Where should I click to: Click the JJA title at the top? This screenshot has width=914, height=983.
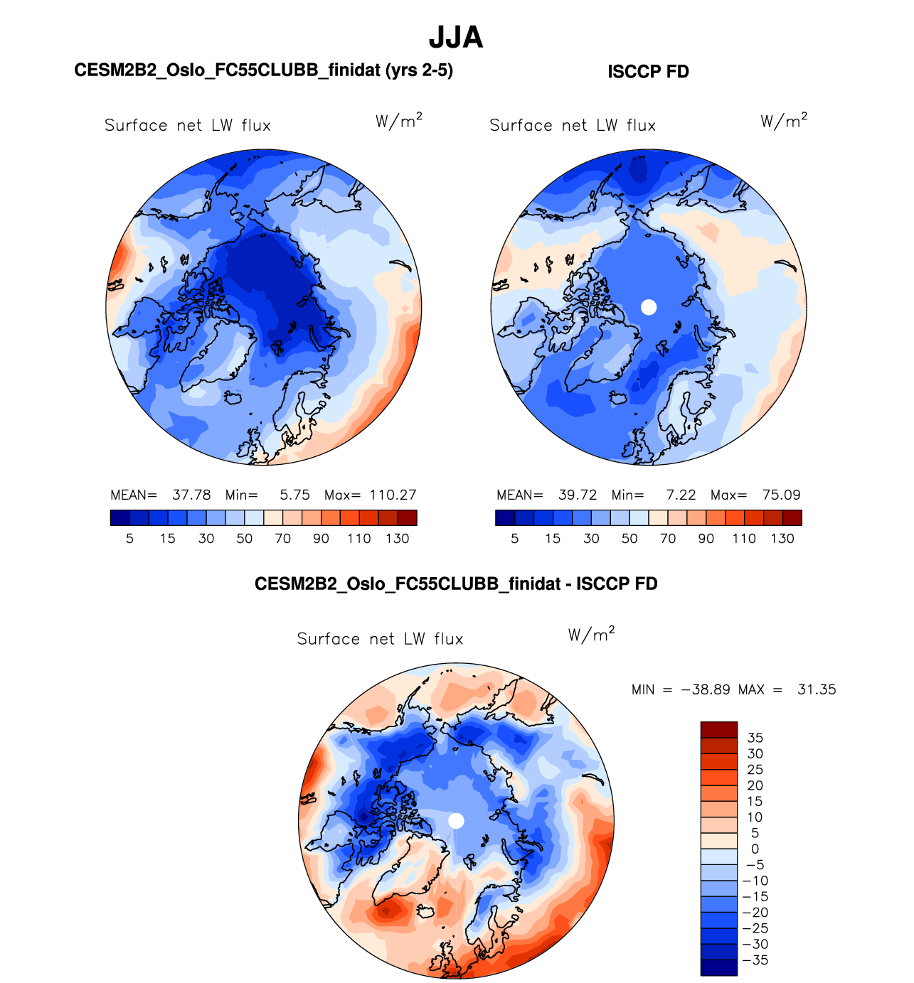tap(456, 38)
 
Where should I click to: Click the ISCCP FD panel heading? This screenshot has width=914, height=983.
tap(648, 72)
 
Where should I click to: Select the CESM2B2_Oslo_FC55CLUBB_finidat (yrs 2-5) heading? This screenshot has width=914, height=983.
tap(263, 70)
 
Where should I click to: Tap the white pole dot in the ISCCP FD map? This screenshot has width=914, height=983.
tap(649, 307)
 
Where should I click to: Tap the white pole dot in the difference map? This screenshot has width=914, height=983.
tap(457, 821)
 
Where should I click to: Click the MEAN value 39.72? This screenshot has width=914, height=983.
tap(578, 495)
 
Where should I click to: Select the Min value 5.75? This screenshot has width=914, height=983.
tap(294, 495)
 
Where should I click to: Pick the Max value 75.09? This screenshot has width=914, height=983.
tap(781, 495)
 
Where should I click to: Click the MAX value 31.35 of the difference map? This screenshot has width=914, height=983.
tap(817, 689)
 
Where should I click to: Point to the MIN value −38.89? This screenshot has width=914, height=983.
tap(706, 689)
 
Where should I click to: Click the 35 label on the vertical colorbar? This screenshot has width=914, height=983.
tap(755, 738)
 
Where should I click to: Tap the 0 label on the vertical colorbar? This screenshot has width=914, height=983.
tap(755, 849)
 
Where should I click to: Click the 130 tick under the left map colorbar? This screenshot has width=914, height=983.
tap(397, 539)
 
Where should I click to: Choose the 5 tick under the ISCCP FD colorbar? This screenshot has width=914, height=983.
tap(514, 539)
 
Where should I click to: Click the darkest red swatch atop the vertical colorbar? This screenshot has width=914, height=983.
tap(718, 730)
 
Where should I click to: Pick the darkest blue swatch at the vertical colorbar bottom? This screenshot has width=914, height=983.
tap(718, 967)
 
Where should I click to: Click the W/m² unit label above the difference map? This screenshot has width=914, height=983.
tap(591, 634)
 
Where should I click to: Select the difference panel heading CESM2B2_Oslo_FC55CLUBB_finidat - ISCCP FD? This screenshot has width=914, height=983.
tap(456, 584)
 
